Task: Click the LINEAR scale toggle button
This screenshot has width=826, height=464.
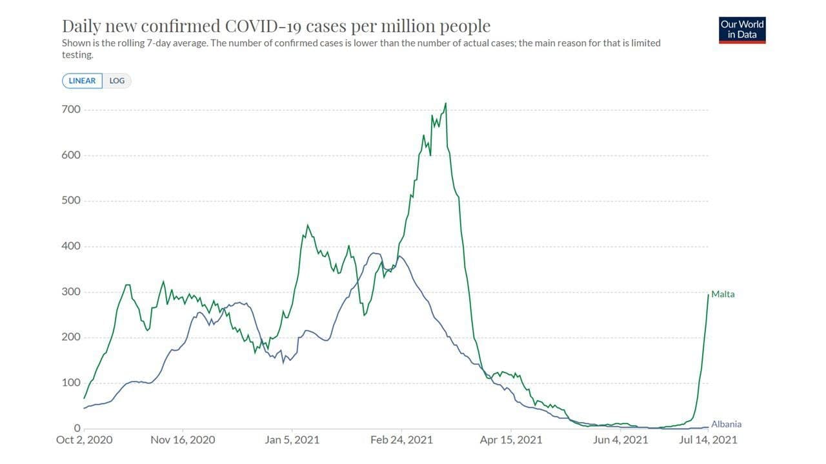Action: point(82,81)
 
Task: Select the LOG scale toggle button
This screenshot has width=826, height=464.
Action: point(117,81)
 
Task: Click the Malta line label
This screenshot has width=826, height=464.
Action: point(723,295)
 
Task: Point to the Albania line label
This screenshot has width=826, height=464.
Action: point(726,425)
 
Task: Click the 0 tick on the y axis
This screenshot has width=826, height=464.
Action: point(77,429)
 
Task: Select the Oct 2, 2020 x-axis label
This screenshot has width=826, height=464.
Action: point(84,440)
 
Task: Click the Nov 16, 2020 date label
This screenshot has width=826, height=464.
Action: point(183,440)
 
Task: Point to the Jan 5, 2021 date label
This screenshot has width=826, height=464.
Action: point(292,440)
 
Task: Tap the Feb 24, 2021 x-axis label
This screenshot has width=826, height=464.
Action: point(401,440)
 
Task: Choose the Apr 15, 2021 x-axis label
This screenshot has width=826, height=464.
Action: point(511,440)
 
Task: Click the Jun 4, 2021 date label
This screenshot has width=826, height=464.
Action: point(620,440)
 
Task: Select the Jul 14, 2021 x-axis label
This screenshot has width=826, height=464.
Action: point(707,440)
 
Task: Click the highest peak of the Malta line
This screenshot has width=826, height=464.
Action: point(446,103)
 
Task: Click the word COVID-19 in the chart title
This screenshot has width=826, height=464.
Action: point(262,26)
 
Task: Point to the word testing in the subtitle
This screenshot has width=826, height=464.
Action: point(77,55)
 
